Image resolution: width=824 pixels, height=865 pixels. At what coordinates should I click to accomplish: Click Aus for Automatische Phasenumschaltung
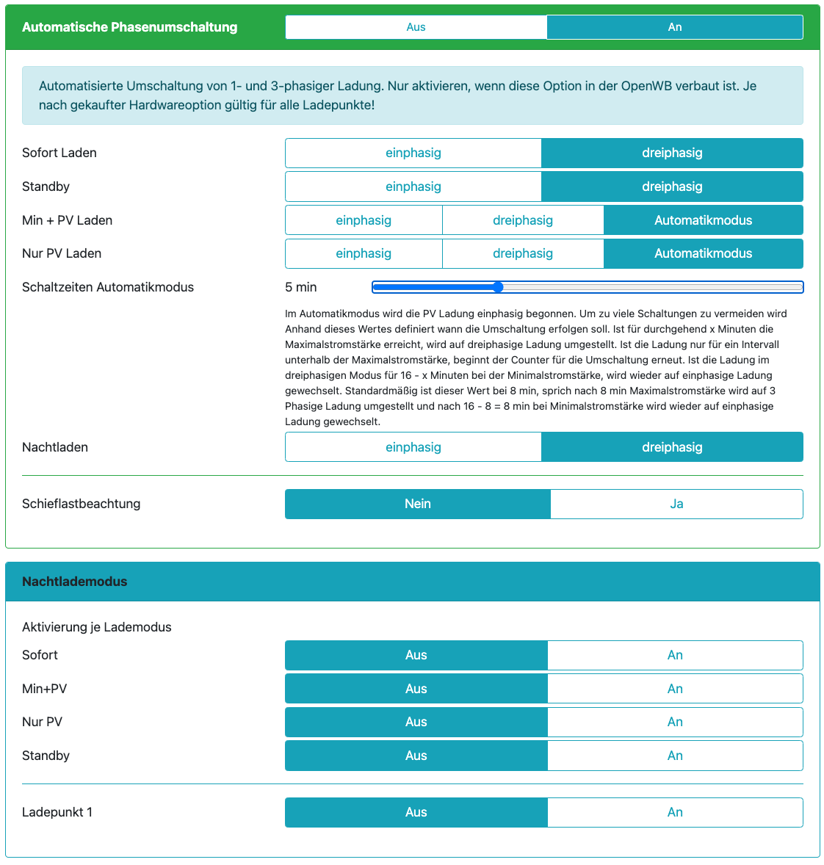tap(416, 27)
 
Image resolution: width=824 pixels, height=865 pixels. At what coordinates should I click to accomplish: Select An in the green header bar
tap(674, 27)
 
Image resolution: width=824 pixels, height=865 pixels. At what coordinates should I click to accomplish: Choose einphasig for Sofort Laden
tap(413, 153)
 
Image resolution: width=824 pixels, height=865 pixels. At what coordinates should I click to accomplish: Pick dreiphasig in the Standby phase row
tap(672, 187)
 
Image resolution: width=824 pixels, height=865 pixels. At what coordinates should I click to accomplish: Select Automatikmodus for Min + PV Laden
tap(703, 220)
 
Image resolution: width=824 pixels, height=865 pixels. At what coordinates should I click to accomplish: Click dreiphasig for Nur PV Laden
tap(522, 253)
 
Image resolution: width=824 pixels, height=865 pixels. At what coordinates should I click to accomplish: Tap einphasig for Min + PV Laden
tap(364, 220)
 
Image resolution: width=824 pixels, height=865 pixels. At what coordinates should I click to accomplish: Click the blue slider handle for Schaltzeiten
tap(498, 287)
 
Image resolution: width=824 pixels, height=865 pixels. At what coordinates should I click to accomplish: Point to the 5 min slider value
tap(301, 287)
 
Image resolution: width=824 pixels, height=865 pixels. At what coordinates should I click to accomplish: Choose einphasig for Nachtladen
tap(413, 447)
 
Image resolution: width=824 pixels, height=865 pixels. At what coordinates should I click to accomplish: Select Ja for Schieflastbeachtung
tap(676, 504)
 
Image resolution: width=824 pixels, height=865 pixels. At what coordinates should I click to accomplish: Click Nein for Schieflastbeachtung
tap(417, 504)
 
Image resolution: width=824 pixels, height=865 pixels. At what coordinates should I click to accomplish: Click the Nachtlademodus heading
tap(75, 582)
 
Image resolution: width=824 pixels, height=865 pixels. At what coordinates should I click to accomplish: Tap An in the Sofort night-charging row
tap(675, 655)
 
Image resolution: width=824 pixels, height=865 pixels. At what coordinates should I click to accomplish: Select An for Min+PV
tap(675, 689)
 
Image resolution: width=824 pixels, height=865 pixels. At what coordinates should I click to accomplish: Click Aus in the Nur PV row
tap(416, 722)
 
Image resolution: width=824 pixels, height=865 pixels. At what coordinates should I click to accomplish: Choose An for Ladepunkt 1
tap(675, 812)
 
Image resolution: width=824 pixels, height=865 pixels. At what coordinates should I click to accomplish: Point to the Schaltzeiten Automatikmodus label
tap(108, 287)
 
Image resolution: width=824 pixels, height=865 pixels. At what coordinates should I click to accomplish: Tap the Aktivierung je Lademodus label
tap(97, 627)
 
